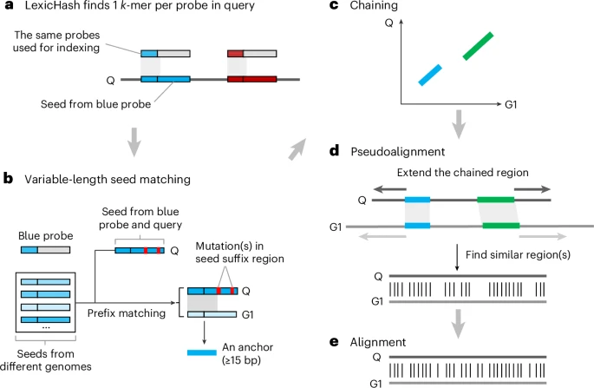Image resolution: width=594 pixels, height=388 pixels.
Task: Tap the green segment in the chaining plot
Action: coord(479,46)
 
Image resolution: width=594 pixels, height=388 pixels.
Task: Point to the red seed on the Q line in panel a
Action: coord(251,80)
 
